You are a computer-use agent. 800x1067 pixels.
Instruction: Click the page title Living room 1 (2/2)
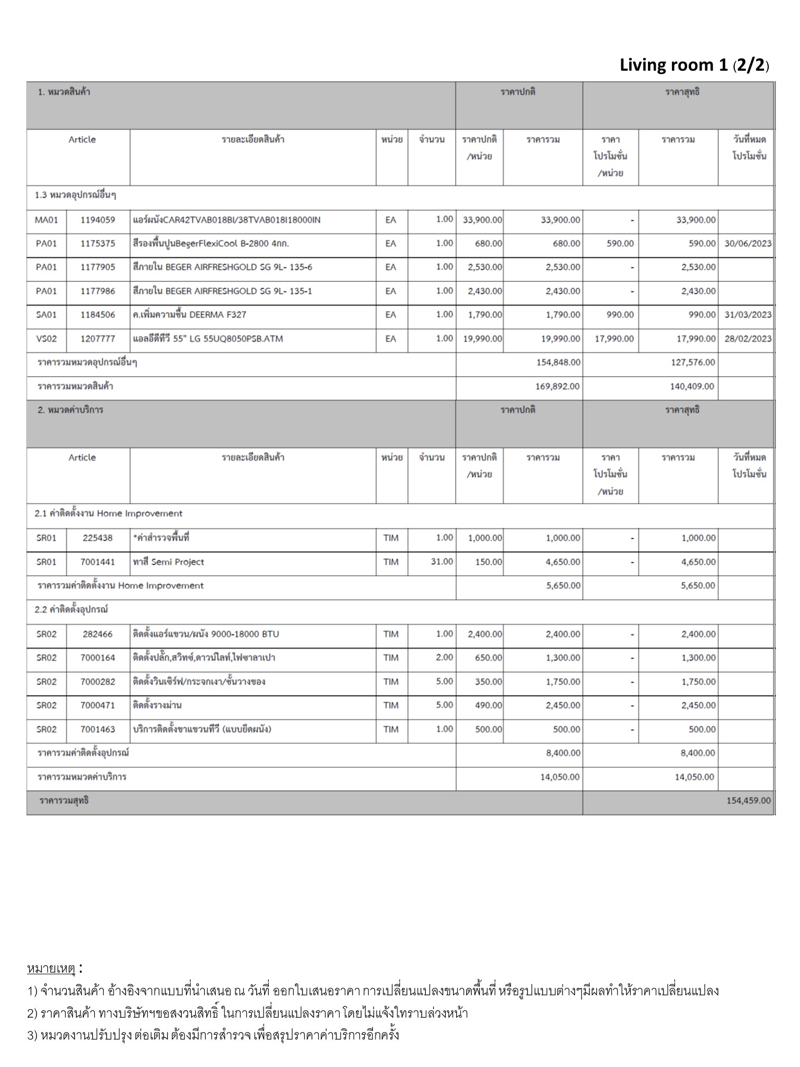[x=694, y=65]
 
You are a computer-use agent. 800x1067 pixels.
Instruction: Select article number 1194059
[x=97, y=220]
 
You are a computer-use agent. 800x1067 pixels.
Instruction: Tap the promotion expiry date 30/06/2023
[x=747, y=243]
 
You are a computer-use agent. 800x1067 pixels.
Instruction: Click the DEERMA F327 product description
[x=190, y=315]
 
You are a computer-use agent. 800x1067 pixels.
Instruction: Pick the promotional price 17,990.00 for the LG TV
[x=614, y=339]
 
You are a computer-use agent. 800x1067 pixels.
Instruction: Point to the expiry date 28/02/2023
[x=747, y=339]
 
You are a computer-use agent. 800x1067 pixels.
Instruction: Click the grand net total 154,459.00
[x=748, y=800]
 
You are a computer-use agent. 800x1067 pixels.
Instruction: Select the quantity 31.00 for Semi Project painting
[x=442, y=562]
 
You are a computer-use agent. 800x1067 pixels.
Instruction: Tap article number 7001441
[x=97, y=562]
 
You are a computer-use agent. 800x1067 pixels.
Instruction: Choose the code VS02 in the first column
[x=46, y=339]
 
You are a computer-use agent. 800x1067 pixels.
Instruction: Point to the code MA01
[x=46, y=220]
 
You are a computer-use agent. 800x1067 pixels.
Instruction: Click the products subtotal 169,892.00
[x=558, y=387]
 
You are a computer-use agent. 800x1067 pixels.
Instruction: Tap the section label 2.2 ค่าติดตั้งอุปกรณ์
[x=71, y=610]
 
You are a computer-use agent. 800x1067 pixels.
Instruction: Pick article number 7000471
[x=97, y=705]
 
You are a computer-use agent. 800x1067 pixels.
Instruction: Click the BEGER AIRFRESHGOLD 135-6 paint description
[x=222, y=267]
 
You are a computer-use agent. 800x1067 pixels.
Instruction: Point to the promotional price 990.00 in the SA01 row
[x=620, y=315]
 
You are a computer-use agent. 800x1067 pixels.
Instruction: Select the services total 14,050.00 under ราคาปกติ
[x=559, y=777]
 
